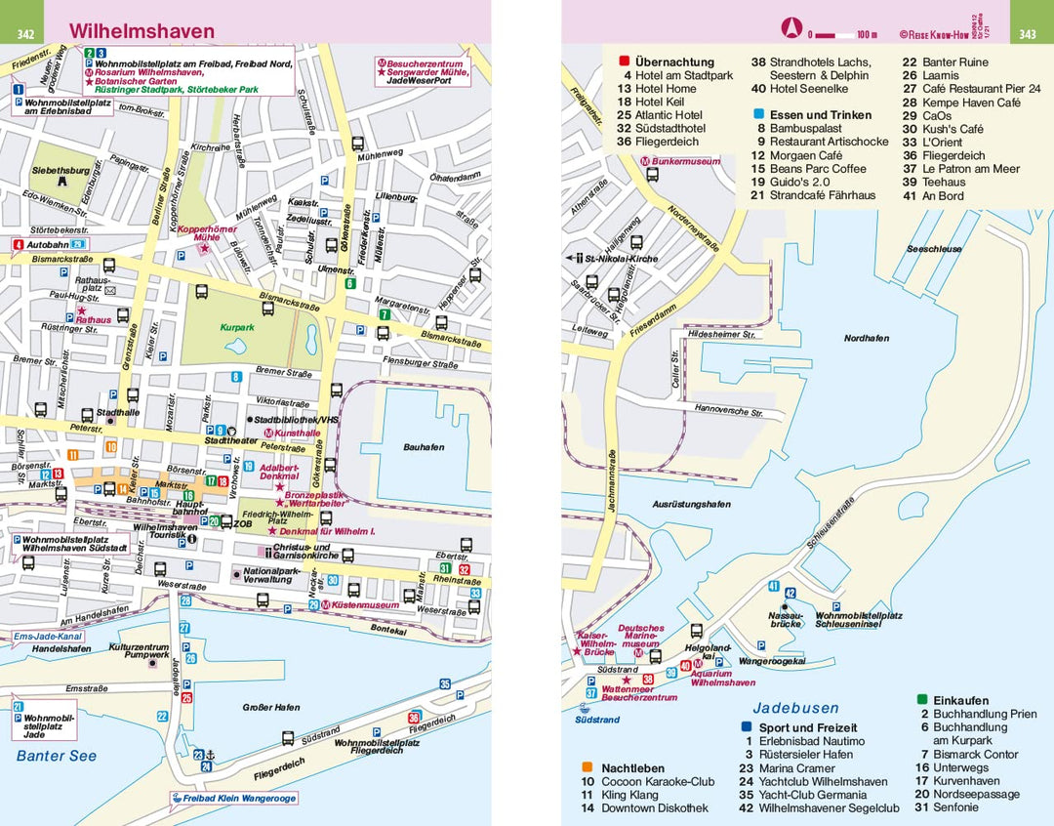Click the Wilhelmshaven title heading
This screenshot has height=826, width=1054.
point(142,31)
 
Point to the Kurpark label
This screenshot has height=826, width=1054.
point(237,328)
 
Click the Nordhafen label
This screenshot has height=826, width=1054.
point(866,338)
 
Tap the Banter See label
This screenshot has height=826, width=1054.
point(57,755)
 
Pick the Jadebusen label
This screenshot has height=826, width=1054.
point(795,708)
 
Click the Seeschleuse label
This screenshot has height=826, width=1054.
point(934,249)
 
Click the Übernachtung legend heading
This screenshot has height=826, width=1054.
point(674,62)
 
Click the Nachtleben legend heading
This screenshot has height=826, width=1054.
point(633,767)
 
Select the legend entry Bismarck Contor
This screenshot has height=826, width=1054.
point(975,754)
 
